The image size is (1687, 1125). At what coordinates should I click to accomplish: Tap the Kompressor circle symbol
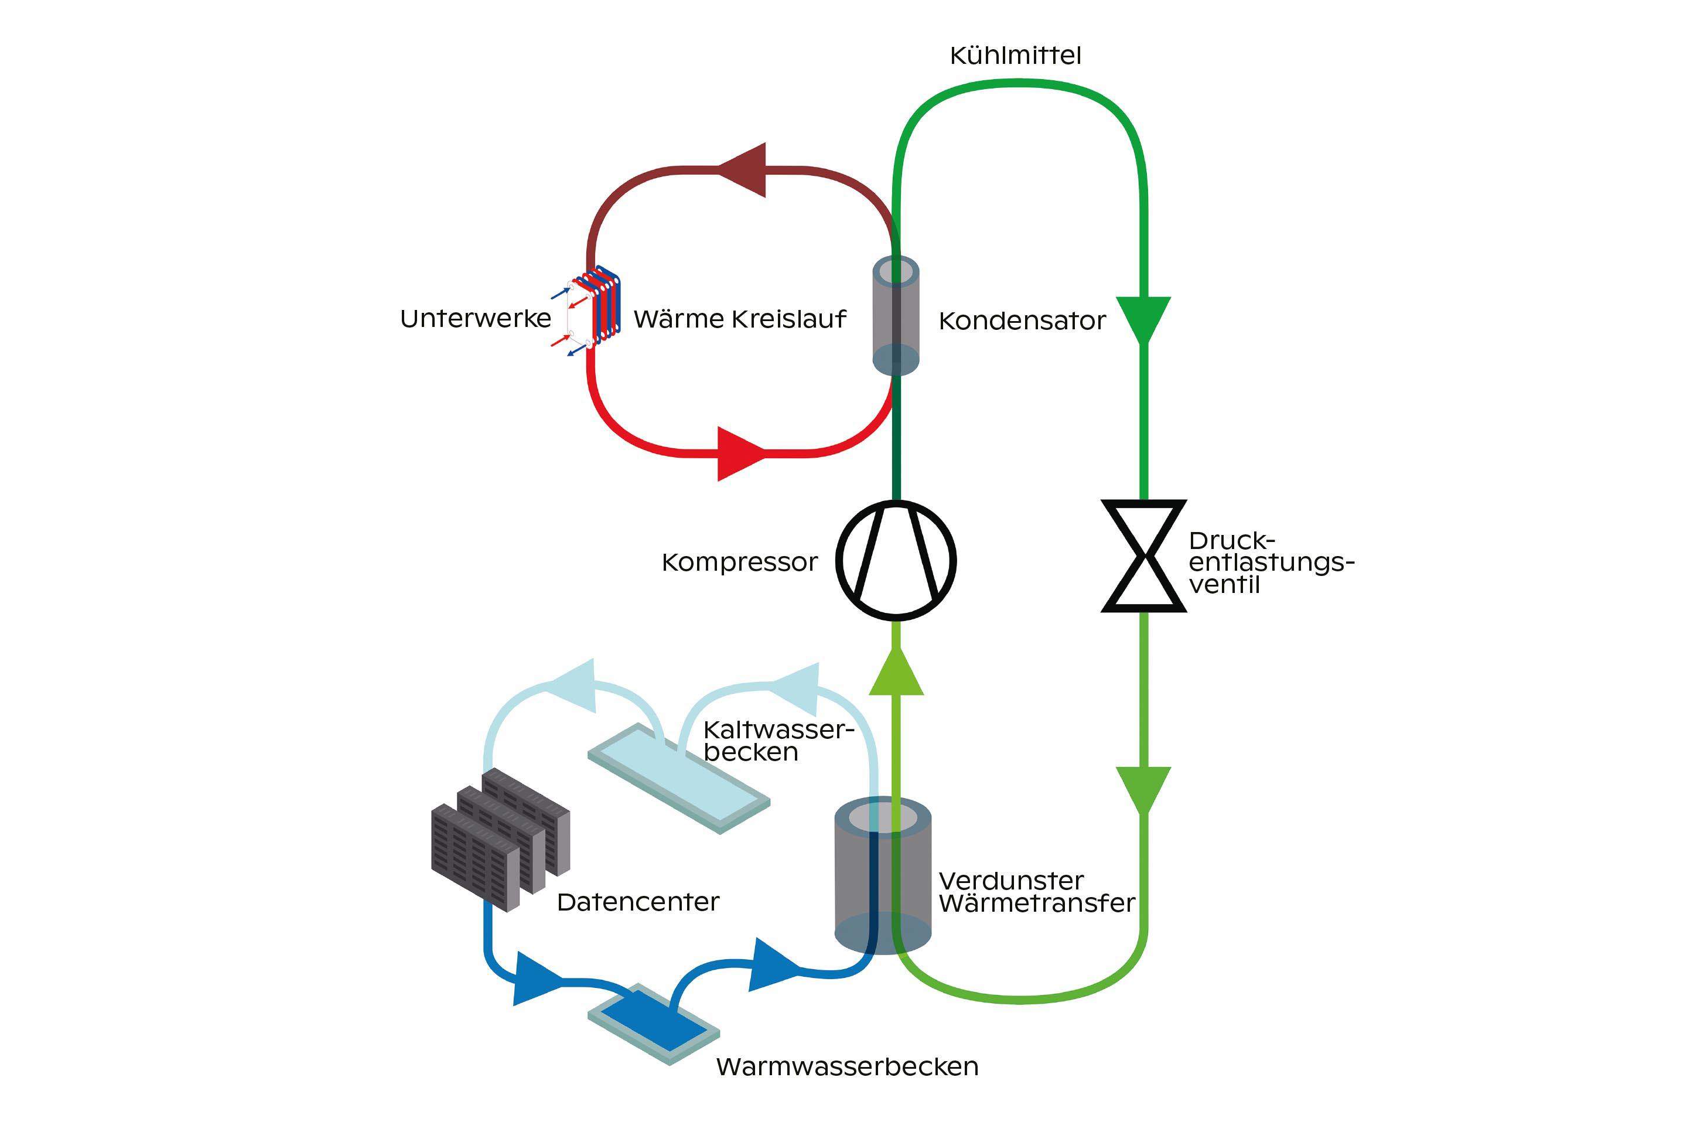pos(896,560)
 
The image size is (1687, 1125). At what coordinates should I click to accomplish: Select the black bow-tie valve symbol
pos(1143,556)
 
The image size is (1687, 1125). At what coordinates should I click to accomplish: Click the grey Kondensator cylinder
pos(896,316)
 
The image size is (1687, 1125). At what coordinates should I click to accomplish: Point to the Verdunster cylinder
pos(883,875)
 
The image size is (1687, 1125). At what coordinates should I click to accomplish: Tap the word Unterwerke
pos(476,319)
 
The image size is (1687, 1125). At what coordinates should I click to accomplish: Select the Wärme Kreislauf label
pos(739,319)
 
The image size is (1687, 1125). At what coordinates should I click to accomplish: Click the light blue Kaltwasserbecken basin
pos(678,779)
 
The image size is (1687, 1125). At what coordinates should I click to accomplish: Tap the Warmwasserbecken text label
pos(847,1067)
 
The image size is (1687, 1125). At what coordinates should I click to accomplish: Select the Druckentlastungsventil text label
pos(1269,562)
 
